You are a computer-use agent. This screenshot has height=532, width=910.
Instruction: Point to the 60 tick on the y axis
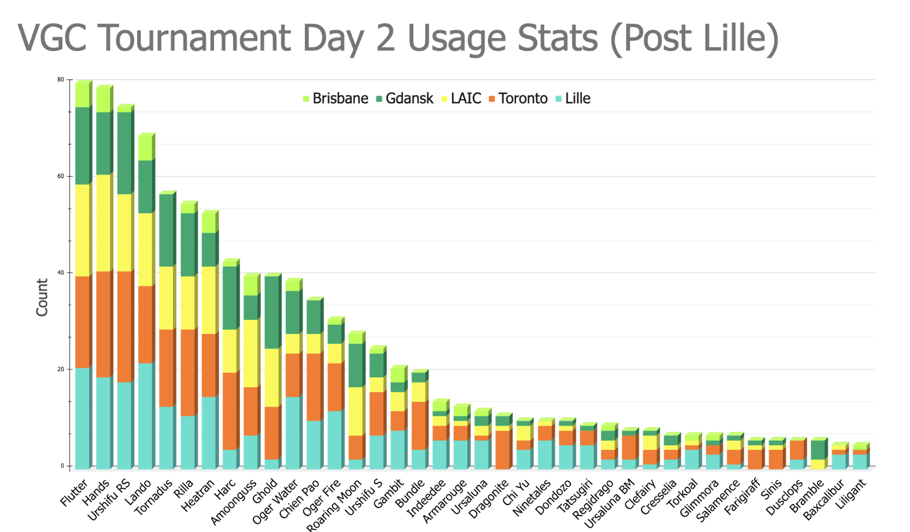point(61,176)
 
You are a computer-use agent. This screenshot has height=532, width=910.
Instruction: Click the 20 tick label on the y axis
point(61,370)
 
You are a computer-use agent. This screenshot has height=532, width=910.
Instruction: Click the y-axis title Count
point(42,298)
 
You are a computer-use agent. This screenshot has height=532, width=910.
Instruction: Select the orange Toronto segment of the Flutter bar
point(82,322)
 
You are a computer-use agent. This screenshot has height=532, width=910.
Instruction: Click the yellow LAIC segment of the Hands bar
point(103,223)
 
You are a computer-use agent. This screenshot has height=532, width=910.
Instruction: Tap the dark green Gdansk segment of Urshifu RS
point(124,153)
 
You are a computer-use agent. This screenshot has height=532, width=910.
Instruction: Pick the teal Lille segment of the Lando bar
point(145,415)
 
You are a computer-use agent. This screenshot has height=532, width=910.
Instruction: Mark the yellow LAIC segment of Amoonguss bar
point(250,353)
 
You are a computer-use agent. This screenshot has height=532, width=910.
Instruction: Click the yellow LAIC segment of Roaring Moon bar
point(355,411)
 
